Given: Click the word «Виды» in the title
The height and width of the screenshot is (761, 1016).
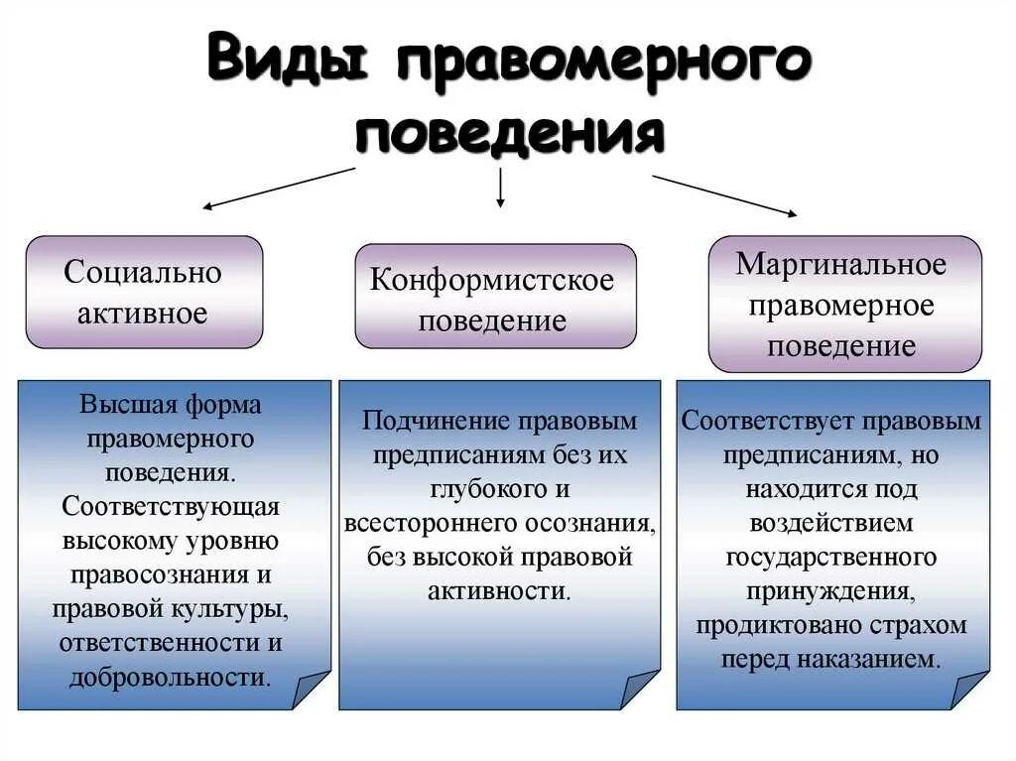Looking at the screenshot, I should click(288, 61).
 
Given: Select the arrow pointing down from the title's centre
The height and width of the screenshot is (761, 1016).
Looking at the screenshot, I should click(500, 188).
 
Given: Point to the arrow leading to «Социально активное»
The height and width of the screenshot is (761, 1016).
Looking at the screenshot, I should click(278, 189).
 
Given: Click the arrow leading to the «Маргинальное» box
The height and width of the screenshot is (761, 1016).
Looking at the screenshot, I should click(724, 194).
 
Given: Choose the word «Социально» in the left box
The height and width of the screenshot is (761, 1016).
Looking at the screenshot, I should click(143, 272).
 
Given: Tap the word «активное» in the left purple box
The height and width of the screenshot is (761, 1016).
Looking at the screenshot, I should click(143, 314).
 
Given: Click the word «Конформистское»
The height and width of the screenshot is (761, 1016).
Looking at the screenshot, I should click(492, 280).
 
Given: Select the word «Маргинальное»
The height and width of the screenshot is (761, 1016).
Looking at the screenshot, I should click(841, 264).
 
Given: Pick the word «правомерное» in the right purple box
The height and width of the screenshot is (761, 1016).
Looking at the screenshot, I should click(841, 305).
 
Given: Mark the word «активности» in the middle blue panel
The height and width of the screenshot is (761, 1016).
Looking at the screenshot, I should click(498, 590).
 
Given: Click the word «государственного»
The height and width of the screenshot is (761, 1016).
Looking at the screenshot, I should click(831, 557).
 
